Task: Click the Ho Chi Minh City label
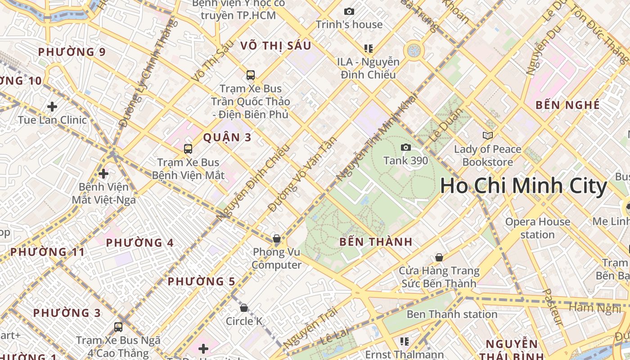point(523,186)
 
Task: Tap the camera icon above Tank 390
point(405,147)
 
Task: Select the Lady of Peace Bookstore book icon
point(487,135)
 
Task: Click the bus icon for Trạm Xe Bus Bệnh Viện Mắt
point(188,148)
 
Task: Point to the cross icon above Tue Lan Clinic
point(52,107)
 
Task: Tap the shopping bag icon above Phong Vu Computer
point(277,238)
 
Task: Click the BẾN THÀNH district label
point(376,242)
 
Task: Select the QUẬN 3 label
point(227,138)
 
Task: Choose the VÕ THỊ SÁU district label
point(275,45)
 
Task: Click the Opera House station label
point(537,228)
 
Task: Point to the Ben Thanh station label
point(452,314)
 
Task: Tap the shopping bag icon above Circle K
point(244,308)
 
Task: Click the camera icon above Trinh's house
point(349,11)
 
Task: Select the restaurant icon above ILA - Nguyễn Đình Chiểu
point(369,48)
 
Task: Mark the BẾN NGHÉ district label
point(568,105)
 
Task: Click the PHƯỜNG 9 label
point(72,52)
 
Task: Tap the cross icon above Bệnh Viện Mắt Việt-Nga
point(103,173)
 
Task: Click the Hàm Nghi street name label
point(595,308)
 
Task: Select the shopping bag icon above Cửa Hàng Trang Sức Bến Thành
point(439,257)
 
